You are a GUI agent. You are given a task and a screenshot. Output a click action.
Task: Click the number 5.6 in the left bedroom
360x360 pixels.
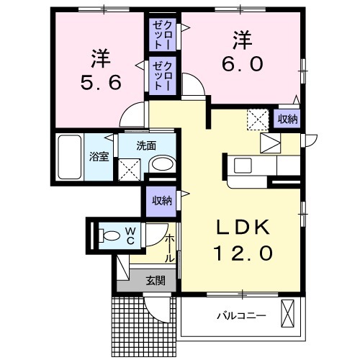tap(101, 83)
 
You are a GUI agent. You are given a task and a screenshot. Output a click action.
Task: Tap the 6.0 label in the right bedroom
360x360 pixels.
tap(243, 63)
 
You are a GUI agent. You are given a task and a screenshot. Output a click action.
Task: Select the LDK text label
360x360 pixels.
tap(243, 228)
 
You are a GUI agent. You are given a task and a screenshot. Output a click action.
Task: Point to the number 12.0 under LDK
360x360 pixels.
tap(243, 253)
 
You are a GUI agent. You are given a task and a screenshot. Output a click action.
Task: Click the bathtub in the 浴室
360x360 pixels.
tap(70, 157)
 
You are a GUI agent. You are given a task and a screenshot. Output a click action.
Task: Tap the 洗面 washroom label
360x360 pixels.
tap(146, 146)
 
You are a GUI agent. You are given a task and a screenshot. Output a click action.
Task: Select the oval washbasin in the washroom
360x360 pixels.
tap(163, 164)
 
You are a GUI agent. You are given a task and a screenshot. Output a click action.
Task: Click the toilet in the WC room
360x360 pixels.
tap(109, 236)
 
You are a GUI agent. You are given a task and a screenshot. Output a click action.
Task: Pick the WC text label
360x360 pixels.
tap(130, 236)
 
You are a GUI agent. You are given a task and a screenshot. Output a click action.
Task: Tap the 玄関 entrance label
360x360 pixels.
tap(156, 280)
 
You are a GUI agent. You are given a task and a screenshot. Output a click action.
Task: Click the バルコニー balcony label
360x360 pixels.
tap(242, 315)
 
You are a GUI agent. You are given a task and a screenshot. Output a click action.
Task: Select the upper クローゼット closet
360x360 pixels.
tap(163, 35)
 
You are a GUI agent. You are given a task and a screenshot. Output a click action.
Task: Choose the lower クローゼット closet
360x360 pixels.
tap(163, 76)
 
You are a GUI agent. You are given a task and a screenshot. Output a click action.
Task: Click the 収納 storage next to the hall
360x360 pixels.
tap(161, 201)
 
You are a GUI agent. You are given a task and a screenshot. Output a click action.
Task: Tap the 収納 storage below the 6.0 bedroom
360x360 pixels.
tap(287, 119)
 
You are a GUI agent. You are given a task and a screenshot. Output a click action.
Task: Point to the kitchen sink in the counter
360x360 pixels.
tap(243, 166)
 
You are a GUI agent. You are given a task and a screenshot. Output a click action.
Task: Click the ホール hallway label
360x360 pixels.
tap(170, 249)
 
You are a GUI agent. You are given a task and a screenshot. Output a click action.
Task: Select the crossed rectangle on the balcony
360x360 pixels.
tap(287, 313)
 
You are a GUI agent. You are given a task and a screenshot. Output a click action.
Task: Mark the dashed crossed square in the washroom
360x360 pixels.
tap(129, 169)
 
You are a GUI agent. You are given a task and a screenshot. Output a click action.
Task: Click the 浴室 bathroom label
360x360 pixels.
tap(99, 157)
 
